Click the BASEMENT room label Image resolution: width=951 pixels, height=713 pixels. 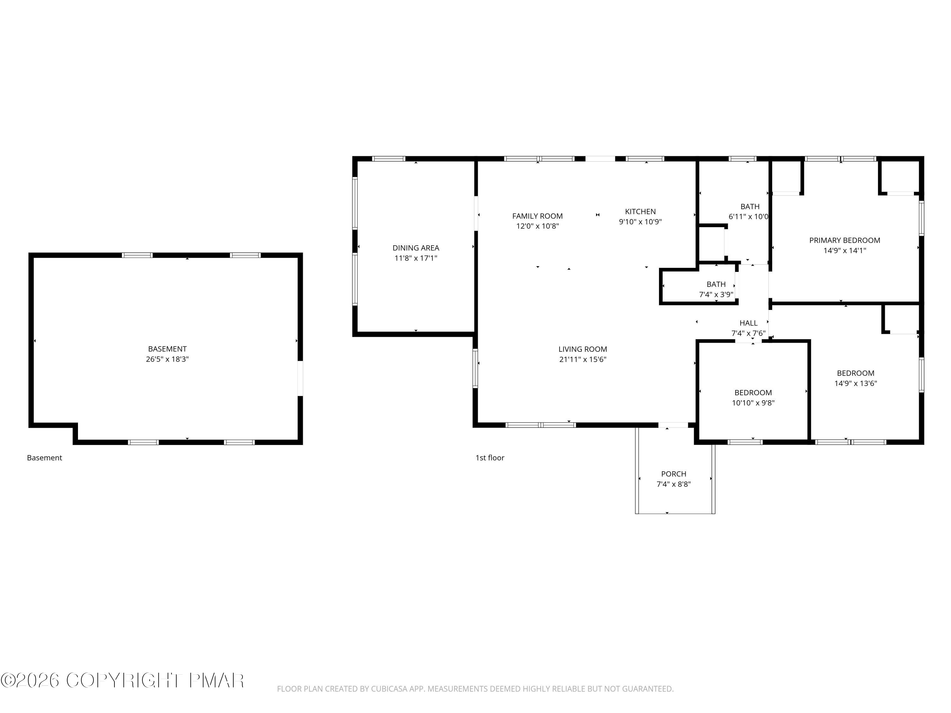[x=167, y=349]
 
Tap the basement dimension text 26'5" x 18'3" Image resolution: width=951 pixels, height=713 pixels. [x=167, y=359]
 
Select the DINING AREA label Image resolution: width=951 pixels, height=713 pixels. [x=416, y=248]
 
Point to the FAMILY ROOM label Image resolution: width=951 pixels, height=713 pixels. [x=537, y=216]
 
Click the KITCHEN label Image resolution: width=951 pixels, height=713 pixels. [x=640, y=211]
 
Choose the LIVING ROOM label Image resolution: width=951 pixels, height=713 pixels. [x=583, y=350]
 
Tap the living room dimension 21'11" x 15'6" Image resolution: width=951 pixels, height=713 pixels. [x=583, y=360]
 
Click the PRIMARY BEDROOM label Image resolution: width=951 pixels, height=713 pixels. [x=844, y=241]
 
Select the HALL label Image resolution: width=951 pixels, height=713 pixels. [x=748, y=323]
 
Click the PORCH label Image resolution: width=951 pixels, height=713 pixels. [x=673, y=474]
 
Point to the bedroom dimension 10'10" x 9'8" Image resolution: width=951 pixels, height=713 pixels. [x=753, y=403]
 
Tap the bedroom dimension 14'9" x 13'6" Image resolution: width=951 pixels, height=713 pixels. [x=856, y=383]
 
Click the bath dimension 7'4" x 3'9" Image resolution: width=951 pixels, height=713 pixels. [x=716, y=295]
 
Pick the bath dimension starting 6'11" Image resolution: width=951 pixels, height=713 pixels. [x=748, y=217]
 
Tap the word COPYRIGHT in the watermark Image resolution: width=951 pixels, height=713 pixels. [x=124, y=680]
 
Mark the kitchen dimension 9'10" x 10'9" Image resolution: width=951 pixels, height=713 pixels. [x=640, y=222]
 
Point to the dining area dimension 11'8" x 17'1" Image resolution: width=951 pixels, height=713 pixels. [x=416, y=258]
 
